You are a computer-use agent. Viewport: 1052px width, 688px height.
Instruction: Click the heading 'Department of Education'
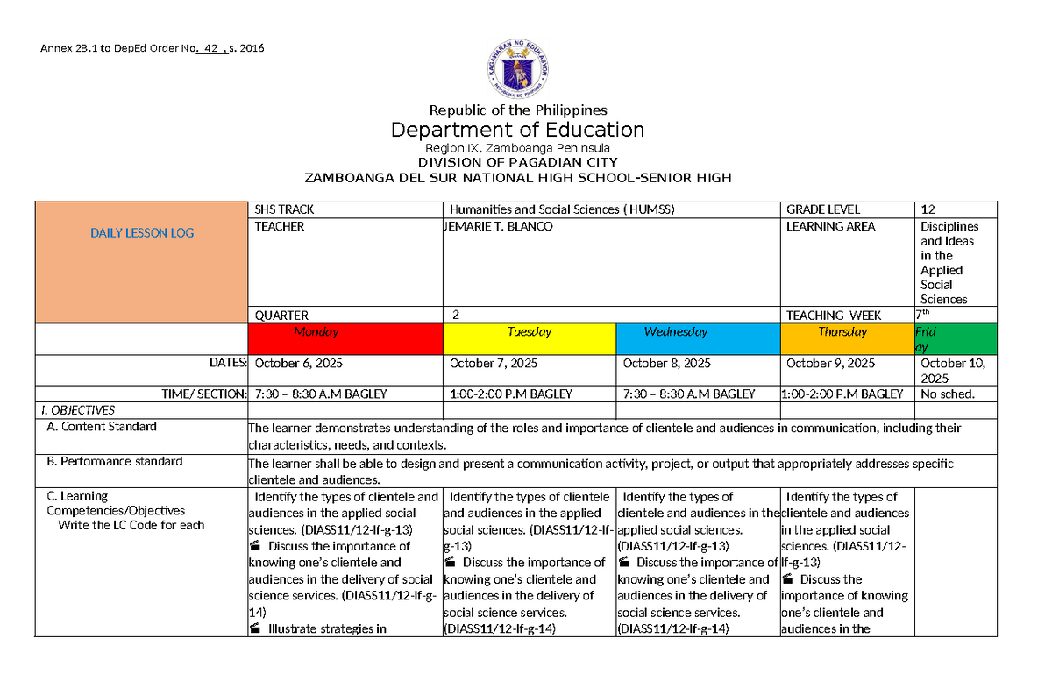tap(517, 130)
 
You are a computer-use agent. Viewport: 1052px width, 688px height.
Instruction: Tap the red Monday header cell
tap(345, 337)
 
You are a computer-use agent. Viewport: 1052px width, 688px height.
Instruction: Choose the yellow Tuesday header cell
tap(530, 337)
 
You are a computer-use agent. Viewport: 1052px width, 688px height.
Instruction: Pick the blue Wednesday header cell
tap(698, 337)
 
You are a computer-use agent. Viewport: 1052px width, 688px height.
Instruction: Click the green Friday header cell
tap(955, 339)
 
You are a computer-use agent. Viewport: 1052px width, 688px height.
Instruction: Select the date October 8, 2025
tap(665, 364)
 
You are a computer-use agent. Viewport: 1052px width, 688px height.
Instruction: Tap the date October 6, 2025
tap(299, 364)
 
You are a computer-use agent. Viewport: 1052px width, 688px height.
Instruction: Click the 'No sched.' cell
tap(944, 394)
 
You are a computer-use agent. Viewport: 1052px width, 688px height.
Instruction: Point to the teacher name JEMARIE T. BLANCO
tap(500, 227)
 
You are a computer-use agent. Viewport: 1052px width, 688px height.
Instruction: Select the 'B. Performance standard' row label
tap(114, 461)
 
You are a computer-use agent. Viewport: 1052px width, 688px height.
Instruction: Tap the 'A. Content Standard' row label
tap(101, 427)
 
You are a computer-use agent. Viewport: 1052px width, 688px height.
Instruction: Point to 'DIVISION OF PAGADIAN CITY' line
tap(517, 163)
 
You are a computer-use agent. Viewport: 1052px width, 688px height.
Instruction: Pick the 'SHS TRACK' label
tap(284, 209)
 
